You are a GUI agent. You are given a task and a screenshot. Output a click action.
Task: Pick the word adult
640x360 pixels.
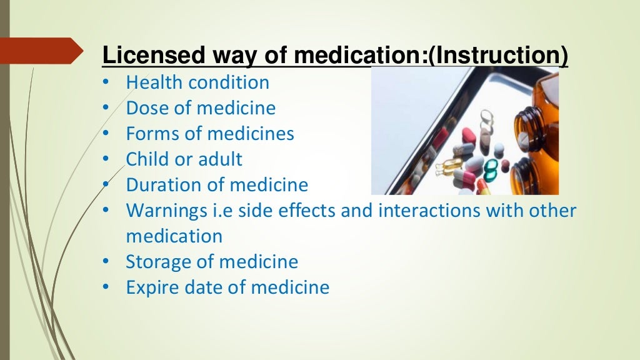tap(219, 159)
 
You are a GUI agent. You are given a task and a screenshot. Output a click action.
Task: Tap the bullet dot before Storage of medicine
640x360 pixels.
tap(106, 262)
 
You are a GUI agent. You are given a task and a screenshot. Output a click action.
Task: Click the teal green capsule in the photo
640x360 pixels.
tap(491, 168)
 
